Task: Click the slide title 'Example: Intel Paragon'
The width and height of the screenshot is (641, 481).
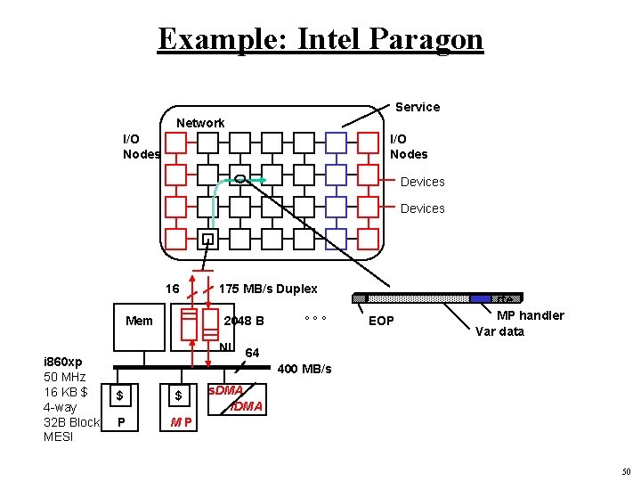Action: (320, 39)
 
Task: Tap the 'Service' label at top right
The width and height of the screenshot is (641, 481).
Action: (417, 107)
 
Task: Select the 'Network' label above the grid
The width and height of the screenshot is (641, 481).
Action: (200, 123)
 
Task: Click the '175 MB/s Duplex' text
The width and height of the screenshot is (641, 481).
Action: (267, 289)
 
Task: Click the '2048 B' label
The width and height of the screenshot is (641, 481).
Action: (244, 321)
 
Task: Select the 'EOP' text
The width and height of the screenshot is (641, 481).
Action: (381, 321)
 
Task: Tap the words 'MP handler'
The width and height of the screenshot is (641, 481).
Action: (530, 315)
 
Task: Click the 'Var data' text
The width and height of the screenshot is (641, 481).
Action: (499, 331)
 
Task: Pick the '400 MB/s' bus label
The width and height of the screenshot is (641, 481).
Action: (304, 369)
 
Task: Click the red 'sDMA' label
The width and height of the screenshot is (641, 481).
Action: (224, 391)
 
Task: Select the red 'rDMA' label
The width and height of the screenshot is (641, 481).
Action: (247, 406)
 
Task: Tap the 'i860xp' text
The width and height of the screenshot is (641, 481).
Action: (63, 362)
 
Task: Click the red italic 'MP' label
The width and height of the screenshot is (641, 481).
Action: (182, 421)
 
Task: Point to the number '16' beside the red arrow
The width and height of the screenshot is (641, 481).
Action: (173, 289)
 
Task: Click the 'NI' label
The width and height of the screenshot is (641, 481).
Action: (225, 346)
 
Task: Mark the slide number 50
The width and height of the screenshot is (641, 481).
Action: (626, 471)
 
